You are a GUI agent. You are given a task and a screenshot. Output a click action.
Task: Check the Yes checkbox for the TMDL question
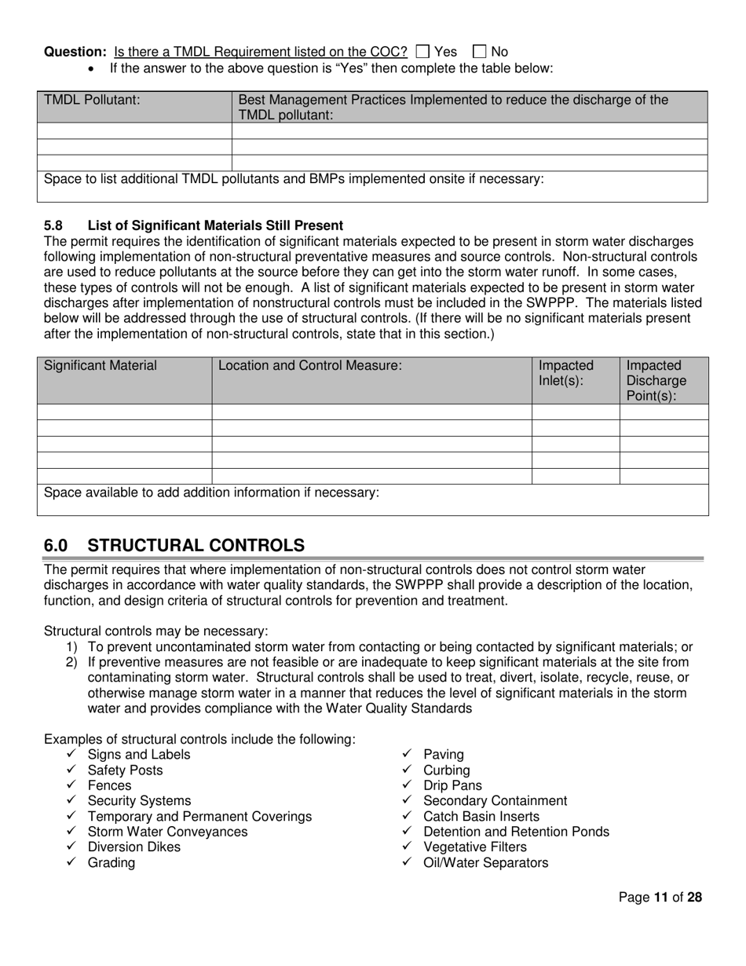tap(422, 52)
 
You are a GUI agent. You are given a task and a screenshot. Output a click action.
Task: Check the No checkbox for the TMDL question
tap(481, 52)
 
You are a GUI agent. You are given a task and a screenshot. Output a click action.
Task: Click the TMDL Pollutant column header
tap(93, 100)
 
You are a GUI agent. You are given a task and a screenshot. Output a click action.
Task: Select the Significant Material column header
tap(101, 365)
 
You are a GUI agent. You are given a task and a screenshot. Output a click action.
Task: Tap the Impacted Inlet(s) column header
tap(566, 373)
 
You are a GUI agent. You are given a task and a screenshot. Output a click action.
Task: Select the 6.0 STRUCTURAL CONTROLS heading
tap(174, 545)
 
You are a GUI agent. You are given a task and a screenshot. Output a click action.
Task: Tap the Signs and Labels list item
tap(138, 755)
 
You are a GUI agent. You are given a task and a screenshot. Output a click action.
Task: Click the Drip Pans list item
tap(452, 785)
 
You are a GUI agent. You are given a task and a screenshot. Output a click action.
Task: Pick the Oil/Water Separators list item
tap(485, 863)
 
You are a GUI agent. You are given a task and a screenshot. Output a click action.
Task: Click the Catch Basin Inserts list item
tap(481, 817)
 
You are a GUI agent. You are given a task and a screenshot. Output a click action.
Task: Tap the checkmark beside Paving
tap(406, 755)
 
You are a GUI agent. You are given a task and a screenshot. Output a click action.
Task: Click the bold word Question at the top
tap(75, 52)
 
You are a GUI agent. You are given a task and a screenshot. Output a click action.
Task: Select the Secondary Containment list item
tap(495, 801)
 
